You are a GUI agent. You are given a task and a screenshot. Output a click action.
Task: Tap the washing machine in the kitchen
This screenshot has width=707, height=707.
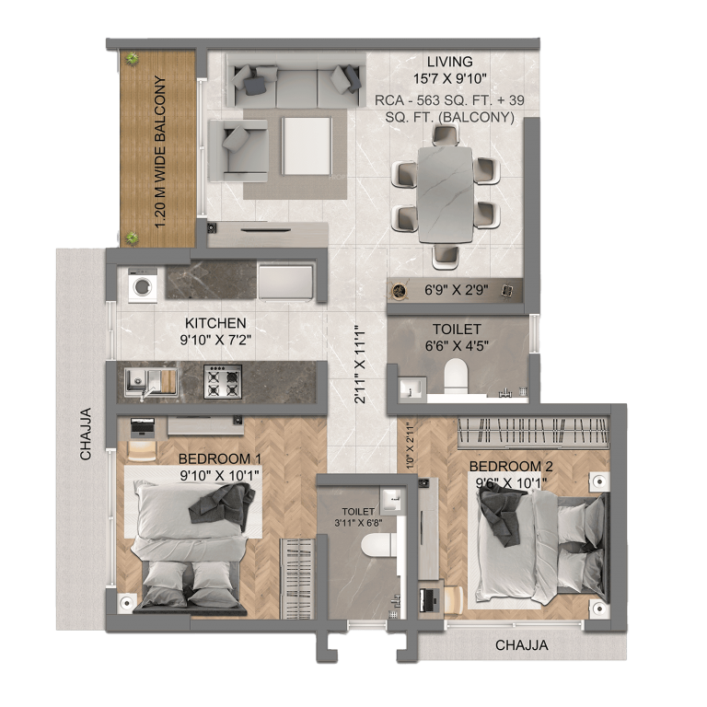(144, 285)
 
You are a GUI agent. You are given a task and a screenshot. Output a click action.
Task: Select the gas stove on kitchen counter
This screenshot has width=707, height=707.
(222, 380)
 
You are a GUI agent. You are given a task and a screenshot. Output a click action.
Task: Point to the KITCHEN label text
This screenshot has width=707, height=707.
(215, 323)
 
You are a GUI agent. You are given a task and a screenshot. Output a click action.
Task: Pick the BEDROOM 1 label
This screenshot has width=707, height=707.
(220, 458)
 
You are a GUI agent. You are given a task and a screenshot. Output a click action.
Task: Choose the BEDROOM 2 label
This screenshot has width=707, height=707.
(511, 465)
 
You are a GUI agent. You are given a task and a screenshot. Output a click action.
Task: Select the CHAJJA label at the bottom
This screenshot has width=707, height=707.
(522, 645)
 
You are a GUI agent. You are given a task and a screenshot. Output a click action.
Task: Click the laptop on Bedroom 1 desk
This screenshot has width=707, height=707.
(143, 427)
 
